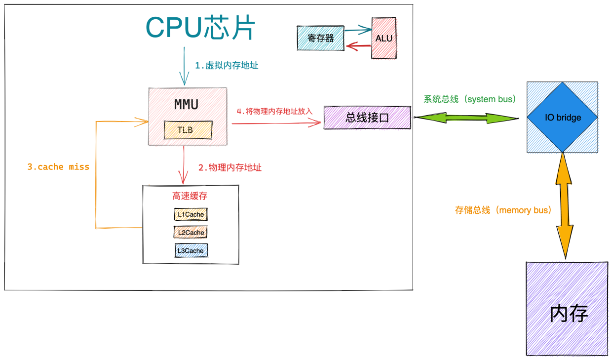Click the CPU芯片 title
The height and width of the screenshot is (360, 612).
click(200, 27)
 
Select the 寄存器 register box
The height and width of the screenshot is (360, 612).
click(320, 38)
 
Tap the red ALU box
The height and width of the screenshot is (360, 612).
click(384, 38)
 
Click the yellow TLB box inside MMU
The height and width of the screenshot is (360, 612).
click(188, 130)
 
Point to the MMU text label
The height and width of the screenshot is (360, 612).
click(187, 104)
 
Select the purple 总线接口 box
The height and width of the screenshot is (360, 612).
click(367, 118)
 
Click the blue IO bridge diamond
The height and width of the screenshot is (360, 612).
click(562, 117)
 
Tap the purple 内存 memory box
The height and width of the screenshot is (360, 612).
click(567, 309)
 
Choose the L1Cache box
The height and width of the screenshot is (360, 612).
click(191, 214)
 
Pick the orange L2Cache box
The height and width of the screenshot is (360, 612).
click(191, 233)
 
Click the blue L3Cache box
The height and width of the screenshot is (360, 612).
click(191, 250)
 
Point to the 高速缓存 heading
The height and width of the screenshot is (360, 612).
click(190, 196)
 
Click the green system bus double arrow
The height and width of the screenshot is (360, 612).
click(466, 118)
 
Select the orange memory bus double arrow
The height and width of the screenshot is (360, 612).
click(564, 205)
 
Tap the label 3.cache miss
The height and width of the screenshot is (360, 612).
click(58, 167)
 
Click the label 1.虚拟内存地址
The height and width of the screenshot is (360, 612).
click(227, 65)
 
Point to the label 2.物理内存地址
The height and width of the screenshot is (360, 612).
click(230, 167)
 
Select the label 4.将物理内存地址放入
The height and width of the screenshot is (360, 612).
click(274, 111)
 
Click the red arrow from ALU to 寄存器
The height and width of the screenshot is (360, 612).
click(358, 46)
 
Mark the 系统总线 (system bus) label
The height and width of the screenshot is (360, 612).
click(469, 99)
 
